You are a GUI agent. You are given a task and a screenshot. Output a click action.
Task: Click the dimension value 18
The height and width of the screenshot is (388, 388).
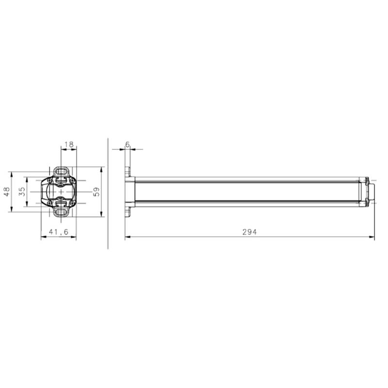pos(69,145)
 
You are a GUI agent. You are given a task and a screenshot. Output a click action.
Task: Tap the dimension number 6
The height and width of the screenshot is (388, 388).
pos(128,145)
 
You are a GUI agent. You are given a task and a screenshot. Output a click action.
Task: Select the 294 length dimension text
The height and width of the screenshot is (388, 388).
pos(250,232)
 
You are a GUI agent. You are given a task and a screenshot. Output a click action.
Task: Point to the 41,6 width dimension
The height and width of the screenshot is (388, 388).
pos(58,232)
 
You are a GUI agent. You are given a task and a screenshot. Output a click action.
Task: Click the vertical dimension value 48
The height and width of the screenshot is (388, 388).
pos(7,192)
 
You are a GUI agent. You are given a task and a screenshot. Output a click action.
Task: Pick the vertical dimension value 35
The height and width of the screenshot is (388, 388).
pos(22,192)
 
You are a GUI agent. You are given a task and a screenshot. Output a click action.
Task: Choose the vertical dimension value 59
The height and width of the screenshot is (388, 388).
pos(97,192)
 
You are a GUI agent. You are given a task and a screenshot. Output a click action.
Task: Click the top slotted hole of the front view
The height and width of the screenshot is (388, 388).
pos(61,171)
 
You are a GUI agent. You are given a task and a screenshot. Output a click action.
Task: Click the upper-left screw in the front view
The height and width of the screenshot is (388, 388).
pos(49,180)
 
